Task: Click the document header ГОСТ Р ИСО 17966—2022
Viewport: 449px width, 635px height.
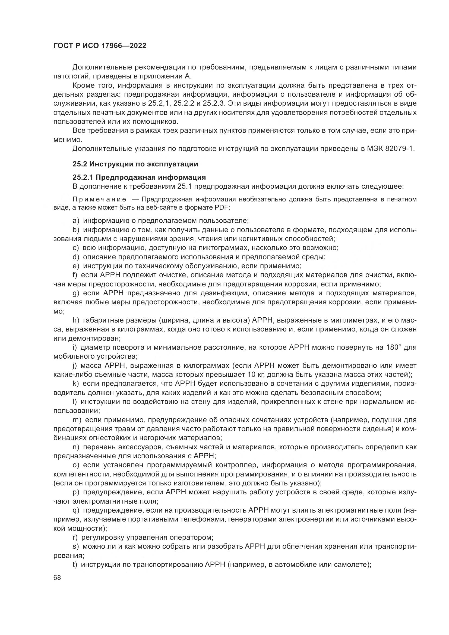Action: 100,46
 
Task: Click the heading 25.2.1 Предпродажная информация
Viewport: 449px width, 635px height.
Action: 139,177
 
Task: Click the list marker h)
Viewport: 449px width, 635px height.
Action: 76,320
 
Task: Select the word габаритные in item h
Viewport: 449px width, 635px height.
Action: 102,320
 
